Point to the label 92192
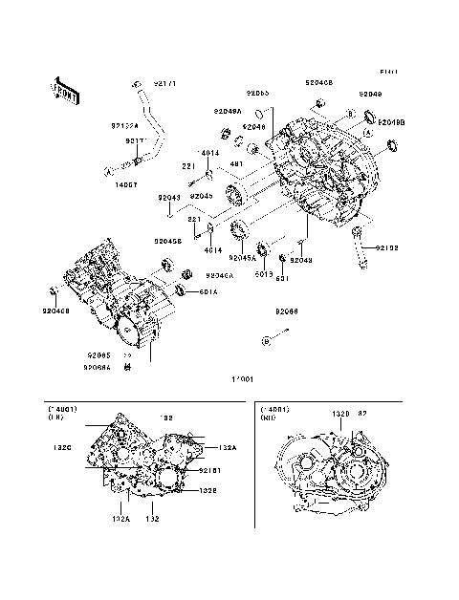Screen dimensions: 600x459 (x=386, y=247)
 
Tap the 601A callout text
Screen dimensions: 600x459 (x=208, y=292)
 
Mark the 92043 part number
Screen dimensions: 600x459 (x=168, y=199)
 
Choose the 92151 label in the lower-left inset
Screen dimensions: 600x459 (x=210, y=470)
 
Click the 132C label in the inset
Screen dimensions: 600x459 (x=62, y=446)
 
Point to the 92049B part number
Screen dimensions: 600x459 (x=391, y=123)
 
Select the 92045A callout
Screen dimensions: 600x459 (x=239, y=258)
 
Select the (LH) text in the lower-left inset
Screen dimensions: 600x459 (x=58, y=418)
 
